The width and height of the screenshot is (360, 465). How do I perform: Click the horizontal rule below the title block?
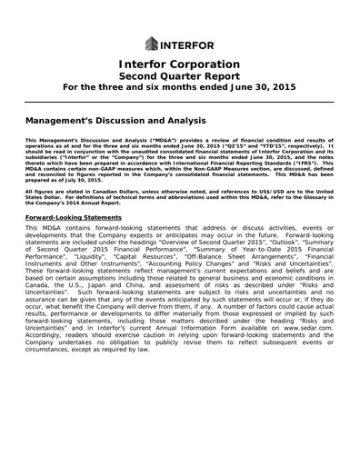coord(180,104)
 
